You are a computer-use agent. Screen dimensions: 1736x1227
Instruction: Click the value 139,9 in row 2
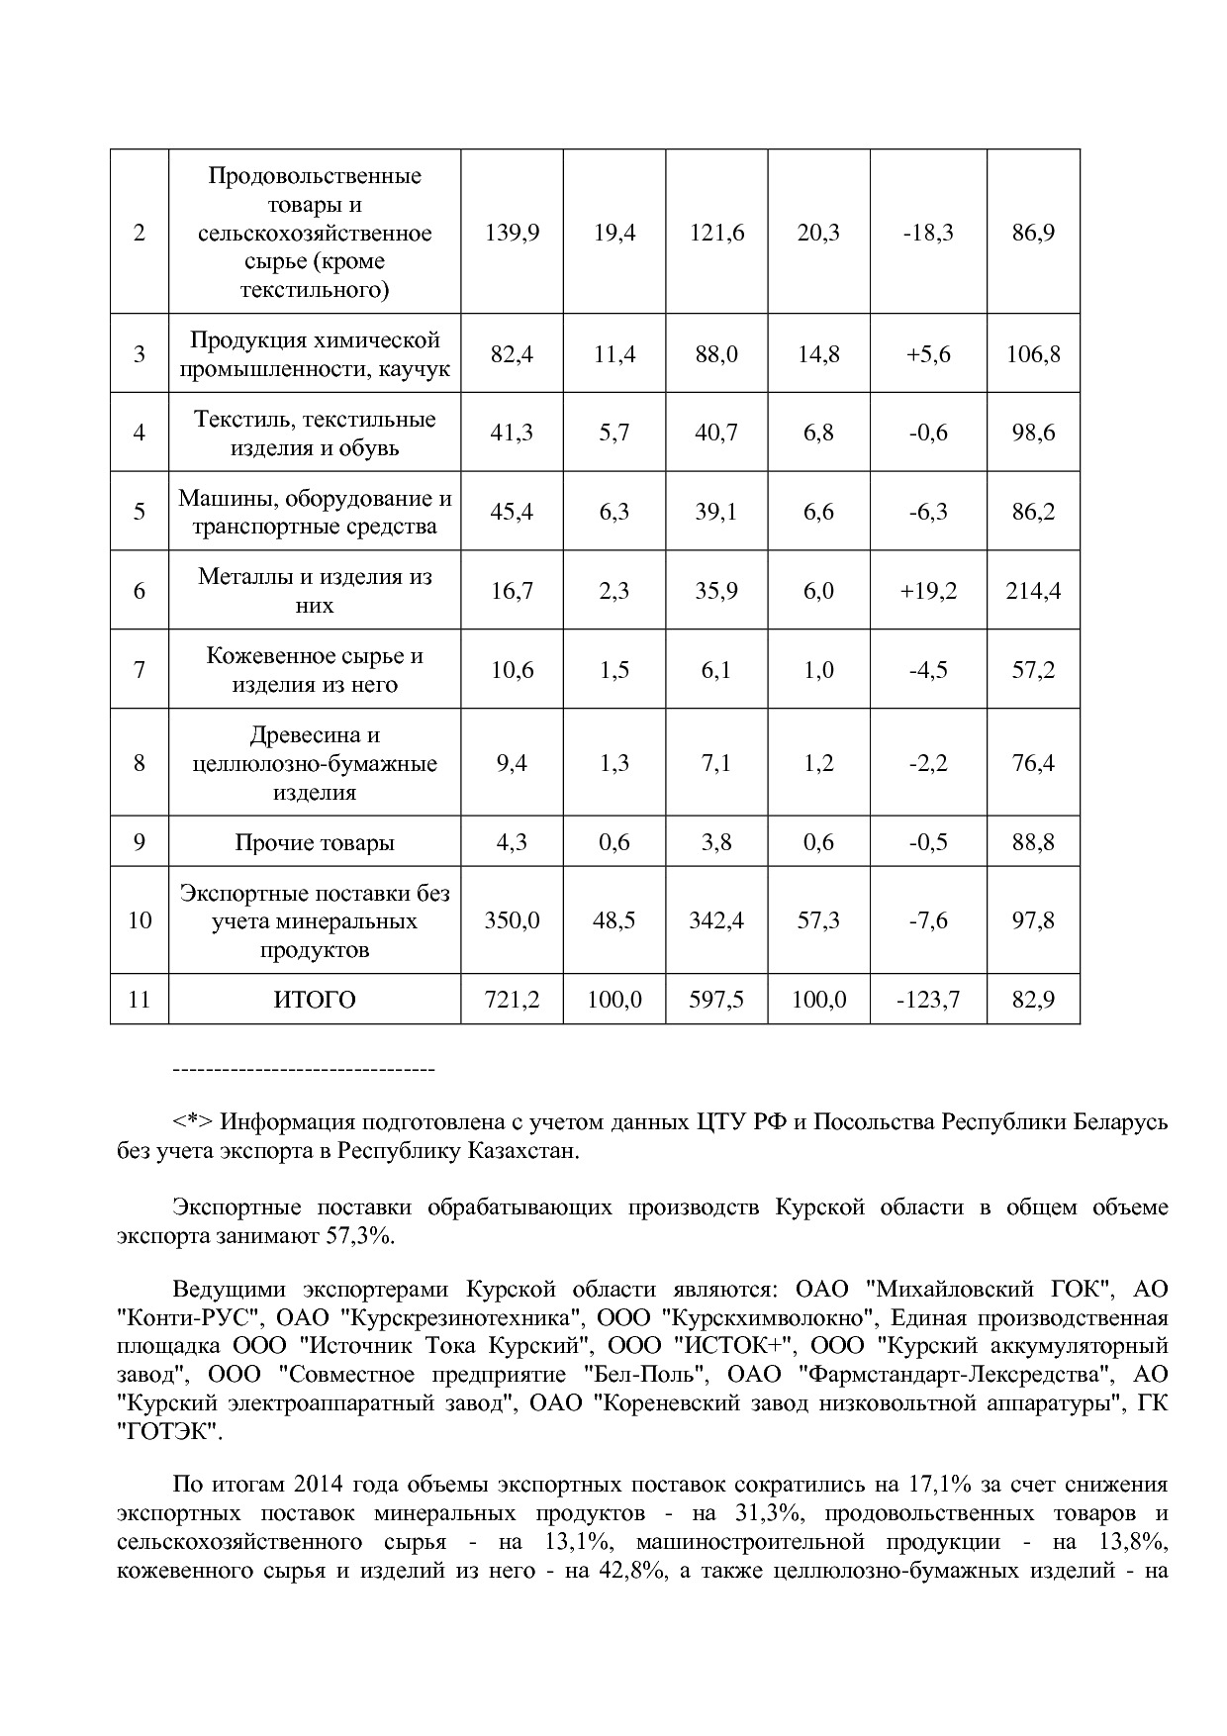512,233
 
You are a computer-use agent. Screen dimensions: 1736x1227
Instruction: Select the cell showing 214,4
1033,591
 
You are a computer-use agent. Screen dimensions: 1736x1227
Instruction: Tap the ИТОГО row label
315,1000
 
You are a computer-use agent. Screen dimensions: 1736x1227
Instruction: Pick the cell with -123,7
927,1000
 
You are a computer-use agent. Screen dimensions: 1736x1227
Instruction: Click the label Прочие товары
315,842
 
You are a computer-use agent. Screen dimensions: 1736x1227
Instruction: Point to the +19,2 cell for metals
927,591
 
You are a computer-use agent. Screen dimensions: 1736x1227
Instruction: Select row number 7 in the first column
139,670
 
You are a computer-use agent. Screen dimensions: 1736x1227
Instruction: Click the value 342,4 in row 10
716,920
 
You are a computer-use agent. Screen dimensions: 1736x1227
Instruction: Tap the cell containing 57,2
1033,670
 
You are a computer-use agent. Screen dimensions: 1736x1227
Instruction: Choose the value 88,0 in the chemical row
716,353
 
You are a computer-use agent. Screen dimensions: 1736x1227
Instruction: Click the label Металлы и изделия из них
315,591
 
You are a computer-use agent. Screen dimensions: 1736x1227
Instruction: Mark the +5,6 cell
927,353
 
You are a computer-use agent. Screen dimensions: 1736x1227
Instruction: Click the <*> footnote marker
193,1122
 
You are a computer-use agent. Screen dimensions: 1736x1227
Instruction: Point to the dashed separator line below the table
304,1070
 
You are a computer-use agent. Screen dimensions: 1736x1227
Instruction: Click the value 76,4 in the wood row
1033,763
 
